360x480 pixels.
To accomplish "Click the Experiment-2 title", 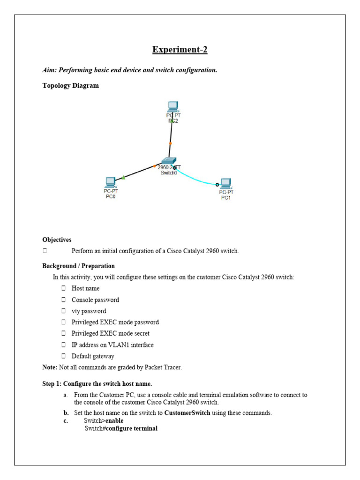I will coord(180,50).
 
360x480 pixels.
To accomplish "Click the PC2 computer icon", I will coord(172,107).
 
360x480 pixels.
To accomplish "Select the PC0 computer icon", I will coord(111,182).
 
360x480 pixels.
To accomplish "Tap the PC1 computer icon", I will coord(226,183).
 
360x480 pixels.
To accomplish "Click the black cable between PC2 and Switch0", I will coord(171,141).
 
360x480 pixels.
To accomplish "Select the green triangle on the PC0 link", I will coord(123,177).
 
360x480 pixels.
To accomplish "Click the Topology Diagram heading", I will coord(70,86).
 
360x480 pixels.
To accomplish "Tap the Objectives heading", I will coord(57,240).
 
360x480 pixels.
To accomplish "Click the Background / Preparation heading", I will coord(78,266).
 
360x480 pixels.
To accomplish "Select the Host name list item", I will coord(85,288).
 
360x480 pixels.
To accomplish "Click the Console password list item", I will coord(95,300).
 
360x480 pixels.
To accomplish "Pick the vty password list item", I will coord(89,311).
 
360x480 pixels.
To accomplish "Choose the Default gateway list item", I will coord(93,356).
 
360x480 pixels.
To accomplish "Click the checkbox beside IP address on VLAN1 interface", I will coord(63,345).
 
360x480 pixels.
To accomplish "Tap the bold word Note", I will coord(50,367).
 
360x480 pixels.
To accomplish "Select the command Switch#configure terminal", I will coord(121,428).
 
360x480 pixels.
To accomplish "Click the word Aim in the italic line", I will coord(49,70).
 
